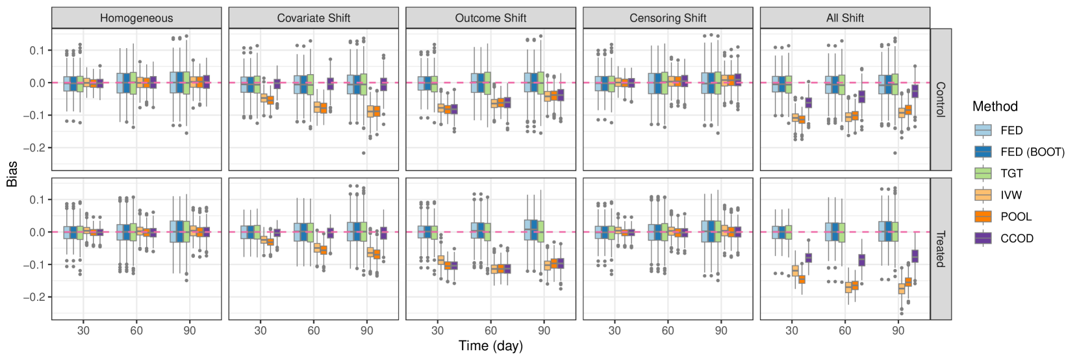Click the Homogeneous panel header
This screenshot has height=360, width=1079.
click(x=136, y=18)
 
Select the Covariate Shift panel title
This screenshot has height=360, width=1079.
click(x=314, y=18)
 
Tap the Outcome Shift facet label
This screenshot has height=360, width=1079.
click(x=490, y=18)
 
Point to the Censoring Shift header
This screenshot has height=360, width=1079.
click(x=668, y=18)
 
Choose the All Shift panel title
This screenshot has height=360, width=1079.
click(x=844, y=18)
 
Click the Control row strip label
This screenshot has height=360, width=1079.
click(x=941, y=99)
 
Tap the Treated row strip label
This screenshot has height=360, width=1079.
click(x=941, y=249)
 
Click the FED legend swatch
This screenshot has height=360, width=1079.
click(x=983, y=130)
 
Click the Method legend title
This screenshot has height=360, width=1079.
click(x=995, y=107)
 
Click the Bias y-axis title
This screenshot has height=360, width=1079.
click(x=12, y=174)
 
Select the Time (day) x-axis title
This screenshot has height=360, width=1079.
click(x=490, y=346)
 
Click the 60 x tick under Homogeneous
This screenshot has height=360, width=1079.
click(x=136, y=330)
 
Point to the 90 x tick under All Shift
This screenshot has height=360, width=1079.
click(x=898, y=330)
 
